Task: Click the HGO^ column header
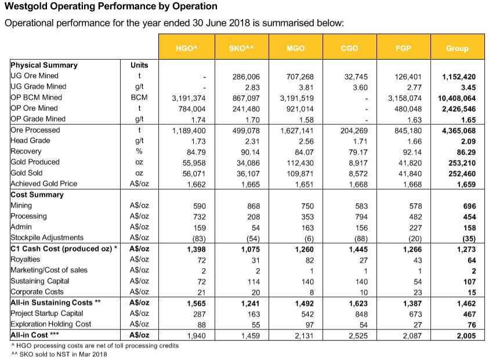click(x=187, y=47)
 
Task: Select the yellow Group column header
click(x=458, y=47)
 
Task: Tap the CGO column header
click(x=350, y=47)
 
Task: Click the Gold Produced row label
click(x=35, y=162)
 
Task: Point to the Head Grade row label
click(x=30, y=140)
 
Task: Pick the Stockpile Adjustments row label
click(x=47, y=238)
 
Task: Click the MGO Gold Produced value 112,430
click(x=300, y=163)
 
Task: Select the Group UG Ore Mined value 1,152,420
click(x=459, y=77)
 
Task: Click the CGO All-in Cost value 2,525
click(x=358, y=336)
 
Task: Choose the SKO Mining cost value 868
click(x=253, y=206)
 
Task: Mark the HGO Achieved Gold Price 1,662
click(x=197, y=184)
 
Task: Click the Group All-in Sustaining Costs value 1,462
click(x=466, y=303)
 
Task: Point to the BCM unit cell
click(x=139, y=97)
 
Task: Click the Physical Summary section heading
click(x=44, y=65)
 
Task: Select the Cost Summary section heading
click(x=37, y=195)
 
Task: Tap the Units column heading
click(x=139, y=65)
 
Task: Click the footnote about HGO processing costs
click(x=95, y=346)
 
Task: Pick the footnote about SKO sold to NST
click(x=59, y=354)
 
